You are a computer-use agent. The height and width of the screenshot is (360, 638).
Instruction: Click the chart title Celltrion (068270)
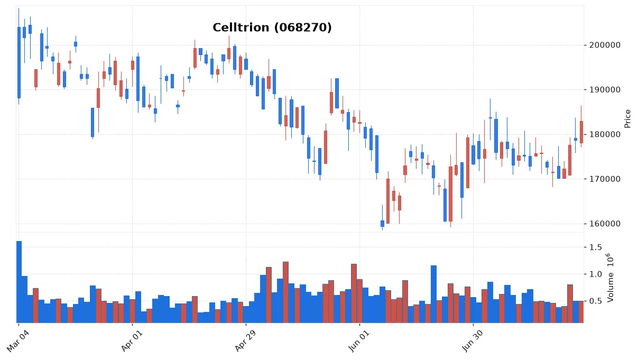click(x=272, y=27)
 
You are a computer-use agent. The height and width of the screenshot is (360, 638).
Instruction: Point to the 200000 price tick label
click(x=605, y=45)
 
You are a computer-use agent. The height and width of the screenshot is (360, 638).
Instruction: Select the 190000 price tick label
click(x=605, y=90)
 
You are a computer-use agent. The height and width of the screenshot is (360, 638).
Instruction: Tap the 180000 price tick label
click(x=605, y=134)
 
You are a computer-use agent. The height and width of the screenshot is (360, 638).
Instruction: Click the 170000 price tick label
click(x=605, y=179)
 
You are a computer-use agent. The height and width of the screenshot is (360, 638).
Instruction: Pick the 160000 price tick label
click(x=605, y=224)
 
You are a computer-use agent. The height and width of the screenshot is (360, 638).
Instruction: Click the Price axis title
click(x=627, y=119)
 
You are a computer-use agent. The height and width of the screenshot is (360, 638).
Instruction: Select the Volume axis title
click(x=611, y=278)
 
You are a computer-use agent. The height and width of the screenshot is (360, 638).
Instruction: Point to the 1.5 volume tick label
click(x=596, y=247)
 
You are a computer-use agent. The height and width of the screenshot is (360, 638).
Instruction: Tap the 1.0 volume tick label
click(x=596, y=274)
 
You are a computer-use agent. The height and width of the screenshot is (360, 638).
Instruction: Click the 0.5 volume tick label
click(x=596, y=301)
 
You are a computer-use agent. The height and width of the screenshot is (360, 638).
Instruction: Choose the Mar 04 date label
click(x=17, y=341)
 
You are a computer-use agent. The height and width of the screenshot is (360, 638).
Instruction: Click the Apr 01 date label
click(x=132, y=341)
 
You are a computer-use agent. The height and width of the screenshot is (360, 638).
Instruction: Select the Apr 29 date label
click(x=245, y=341)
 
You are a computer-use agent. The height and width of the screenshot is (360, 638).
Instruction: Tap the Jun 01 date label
click(x=359, y=341)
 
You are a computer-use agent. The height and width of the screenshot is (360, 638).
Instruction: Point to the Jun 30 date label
click(x=473, y=341)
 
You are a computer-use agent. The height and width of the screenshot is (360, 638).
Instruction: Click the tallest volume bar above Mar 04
click(x=19, y=282)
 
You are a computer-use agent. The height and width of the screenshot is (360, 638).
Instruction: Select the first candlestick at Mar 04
click(x=19, y=63)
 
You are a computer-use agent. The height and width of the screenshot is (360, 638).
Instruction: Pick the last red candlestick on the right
click(x=581, y=132)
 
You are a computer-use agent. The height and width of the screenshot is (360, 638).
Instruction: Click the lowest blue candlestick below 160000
click(x=382, y=224)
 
